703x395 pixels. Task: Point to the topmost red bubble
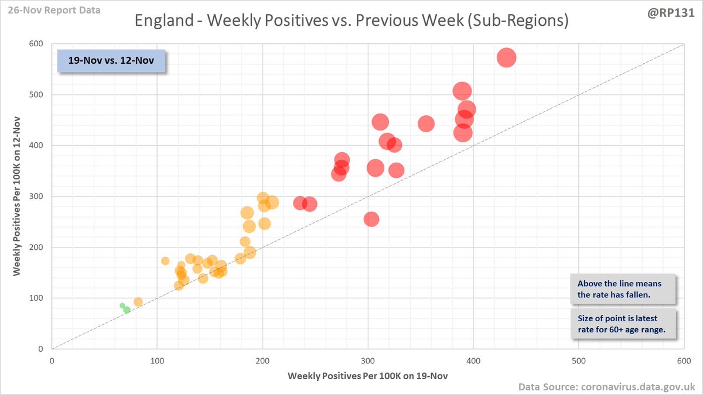point(506,57)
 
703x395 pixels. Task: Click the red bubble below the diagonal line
point(371,219)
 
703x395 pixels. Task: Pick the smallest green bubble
point(122,305)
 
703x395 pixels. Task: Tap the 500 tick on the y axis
point(40,95)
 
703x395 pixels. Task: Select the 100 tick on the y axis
point(40,298)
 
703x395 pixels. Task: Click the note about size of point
point(623,324)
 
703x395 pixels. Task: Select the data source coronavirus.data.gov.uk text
point(606,387)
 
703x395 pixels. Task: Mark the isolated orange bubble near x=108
point(165,261)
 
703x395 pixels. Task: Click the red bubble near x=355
point(426,123)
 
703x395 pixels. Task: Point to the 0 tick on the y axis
point(45,349)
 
